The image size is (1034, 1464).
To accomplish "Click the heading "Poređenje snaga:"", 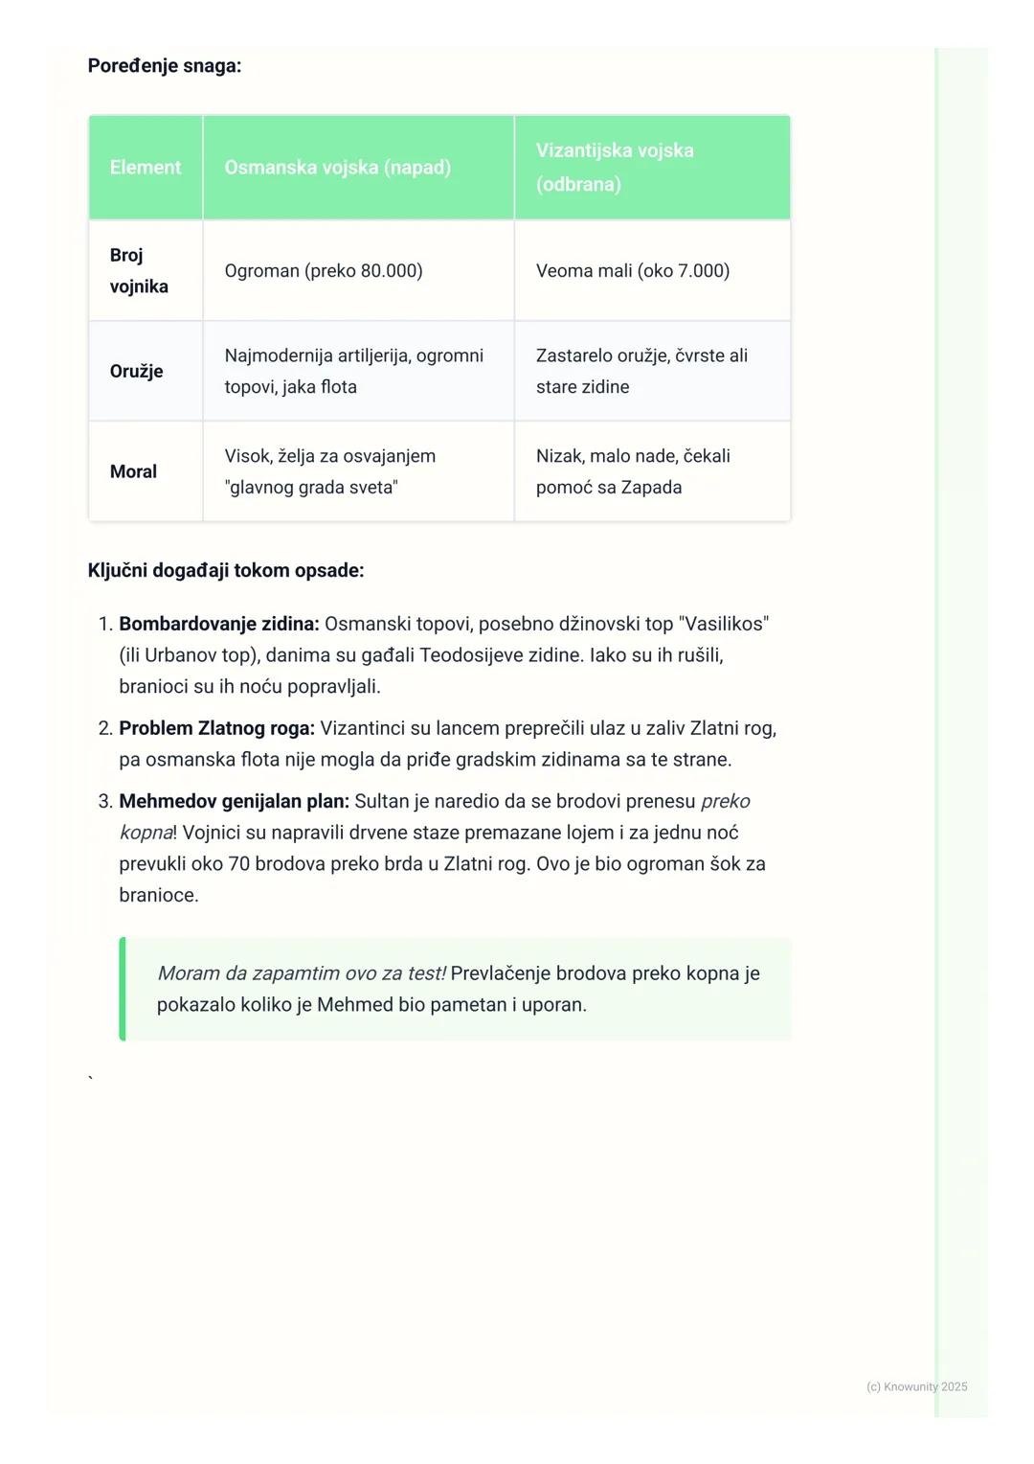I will point(164,66).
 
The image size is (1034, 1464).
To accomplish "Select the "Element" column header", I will point(146,168).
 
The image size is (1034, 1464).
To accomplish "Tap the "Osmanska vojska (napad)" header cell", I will point(337,168).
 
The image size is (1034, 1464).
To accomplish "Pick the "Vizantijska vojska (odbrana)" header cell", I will point(615,167).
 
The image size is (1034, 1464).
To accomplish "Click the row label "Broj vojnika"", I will point(139,270).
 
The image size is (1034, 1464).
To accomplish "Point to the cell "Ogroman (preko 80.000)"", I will point(324,271).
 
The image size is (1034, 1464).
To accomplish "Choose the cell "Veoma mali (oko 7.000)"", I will point(633,271).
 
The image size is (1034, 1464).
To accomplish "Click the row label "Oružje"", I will point(136,371).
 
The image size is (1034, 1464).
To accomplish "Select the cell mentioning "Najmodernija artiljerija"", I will point(353,371).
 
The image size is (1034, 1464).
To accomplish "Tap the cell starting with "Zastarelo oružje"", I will point(641,371).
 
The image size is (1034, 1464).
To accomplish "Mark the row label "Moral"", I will point(133,471).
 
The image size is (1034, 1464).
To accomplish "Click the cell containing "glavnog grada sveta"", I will point(329,471).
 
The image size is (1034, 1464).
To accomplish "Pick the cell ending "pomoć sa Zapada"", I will point(633,471).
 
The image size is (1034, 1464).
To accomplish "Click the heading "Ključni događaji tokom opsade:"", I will point(225,571).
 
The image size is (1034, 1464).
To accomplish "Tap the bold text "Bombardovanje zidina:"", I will point(218,624).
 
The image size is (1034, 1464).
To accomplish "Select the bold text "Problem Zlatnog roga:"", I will point(216,728).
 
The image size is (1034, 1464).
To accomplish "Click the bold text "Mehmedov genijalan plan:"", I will point(234,801).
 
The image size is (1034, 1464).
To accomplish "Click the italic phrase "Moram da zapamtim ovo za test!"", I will point(302,973).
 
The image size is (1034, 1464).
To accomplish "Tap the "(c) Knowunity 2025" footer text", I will point(916,1386).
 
